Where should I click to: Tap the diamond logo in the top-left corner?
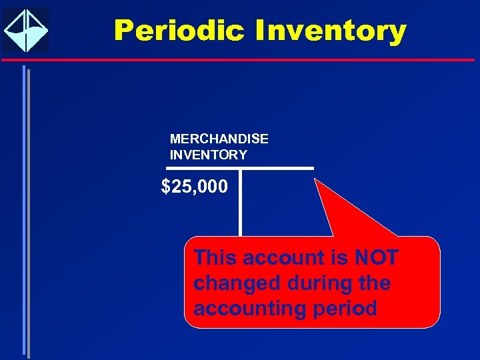tap(25, 30)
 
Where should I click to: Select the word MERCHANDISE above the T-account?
tap(219, 139)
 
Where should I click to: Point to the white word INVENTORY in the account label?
tap(209, 155)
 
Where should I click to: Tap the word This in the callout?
tap(215, 257)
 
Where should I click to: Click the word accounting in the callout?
tap(246, 309)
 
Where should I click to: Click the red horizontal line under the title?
tap(240, 59)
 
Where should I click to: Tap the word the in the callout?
tap(374, 283)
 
